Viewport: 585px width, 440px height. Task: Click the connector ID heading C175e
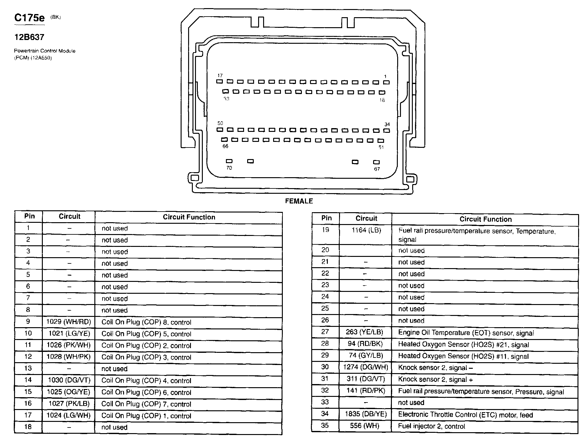(x=29, y=18)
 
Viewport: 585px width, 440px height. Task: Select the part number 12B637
(x=29, y=37)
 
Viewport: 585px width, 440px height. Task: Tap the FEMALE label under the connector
(x=299, y=201)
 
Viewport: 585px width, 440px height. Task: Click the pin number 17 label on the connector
(x=220, y=75)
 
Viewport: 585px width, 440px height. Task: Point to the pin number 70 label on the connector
(x=229, y=168)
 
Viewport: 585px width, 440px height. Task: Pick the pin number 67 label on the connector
(x=377, y=169)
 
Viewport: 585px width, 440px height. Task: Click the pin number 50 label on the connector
(x=220, y=123)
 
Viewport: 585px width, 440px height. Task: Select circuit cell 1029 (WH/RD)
(x=69, y=322)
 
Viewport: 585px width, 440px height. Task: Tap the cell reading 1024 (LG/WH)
(x=69, y=415)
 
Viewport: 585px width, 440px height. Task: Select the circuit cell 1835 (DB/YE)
(x=366, y=414)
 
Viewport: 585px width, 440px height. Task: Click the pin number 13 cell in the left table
(x=28, y=368)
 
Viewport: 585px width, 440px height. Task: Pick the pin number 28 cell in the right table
(x=325, y=343)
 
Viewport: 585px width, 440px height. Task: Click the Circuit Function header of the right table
(x=485, y=219)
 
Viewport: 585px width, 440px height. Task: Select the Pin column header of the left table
(x=29, y=216)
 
